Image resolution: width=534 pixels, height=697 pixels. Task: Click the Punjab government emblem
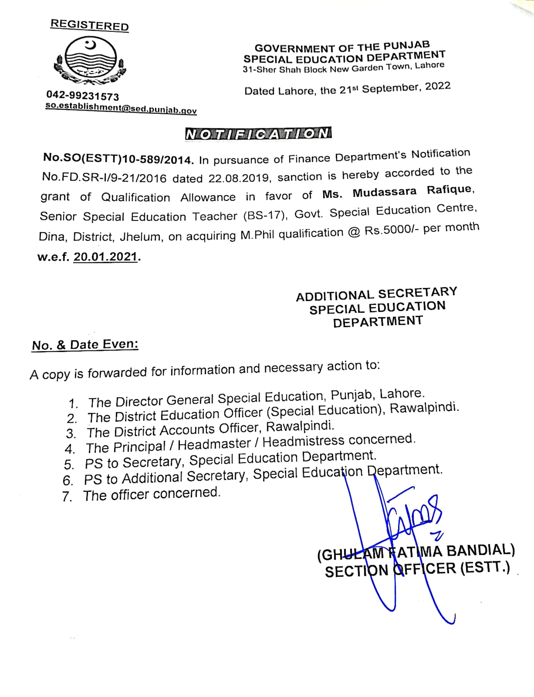coord(90,60)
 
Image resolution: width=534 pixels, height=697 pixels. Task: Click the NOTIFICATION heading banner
coord(258,134)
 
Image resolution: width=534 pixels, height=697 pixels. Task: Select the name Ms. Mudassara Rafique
coord(397,192)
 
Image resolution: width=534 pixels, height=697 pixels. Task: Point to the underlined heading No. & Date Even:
coord(85,345)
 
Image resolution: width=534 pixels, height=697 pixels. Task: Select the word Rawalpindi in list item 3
coord(300,427)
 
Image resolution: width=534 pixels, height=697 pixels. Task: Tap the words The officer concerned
coord(152,494)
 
